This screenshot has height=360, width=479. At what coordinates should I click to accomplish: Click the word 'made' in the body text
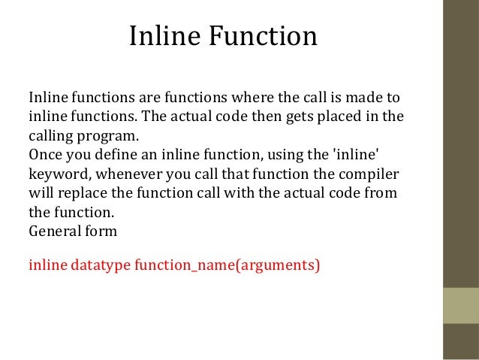[364, 99]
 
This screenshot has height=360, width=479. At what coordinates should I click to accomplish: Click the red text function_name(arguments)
[226, 265]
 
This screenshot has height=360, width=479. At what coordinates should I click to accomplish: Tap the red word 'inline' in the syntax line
[47, 265]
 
